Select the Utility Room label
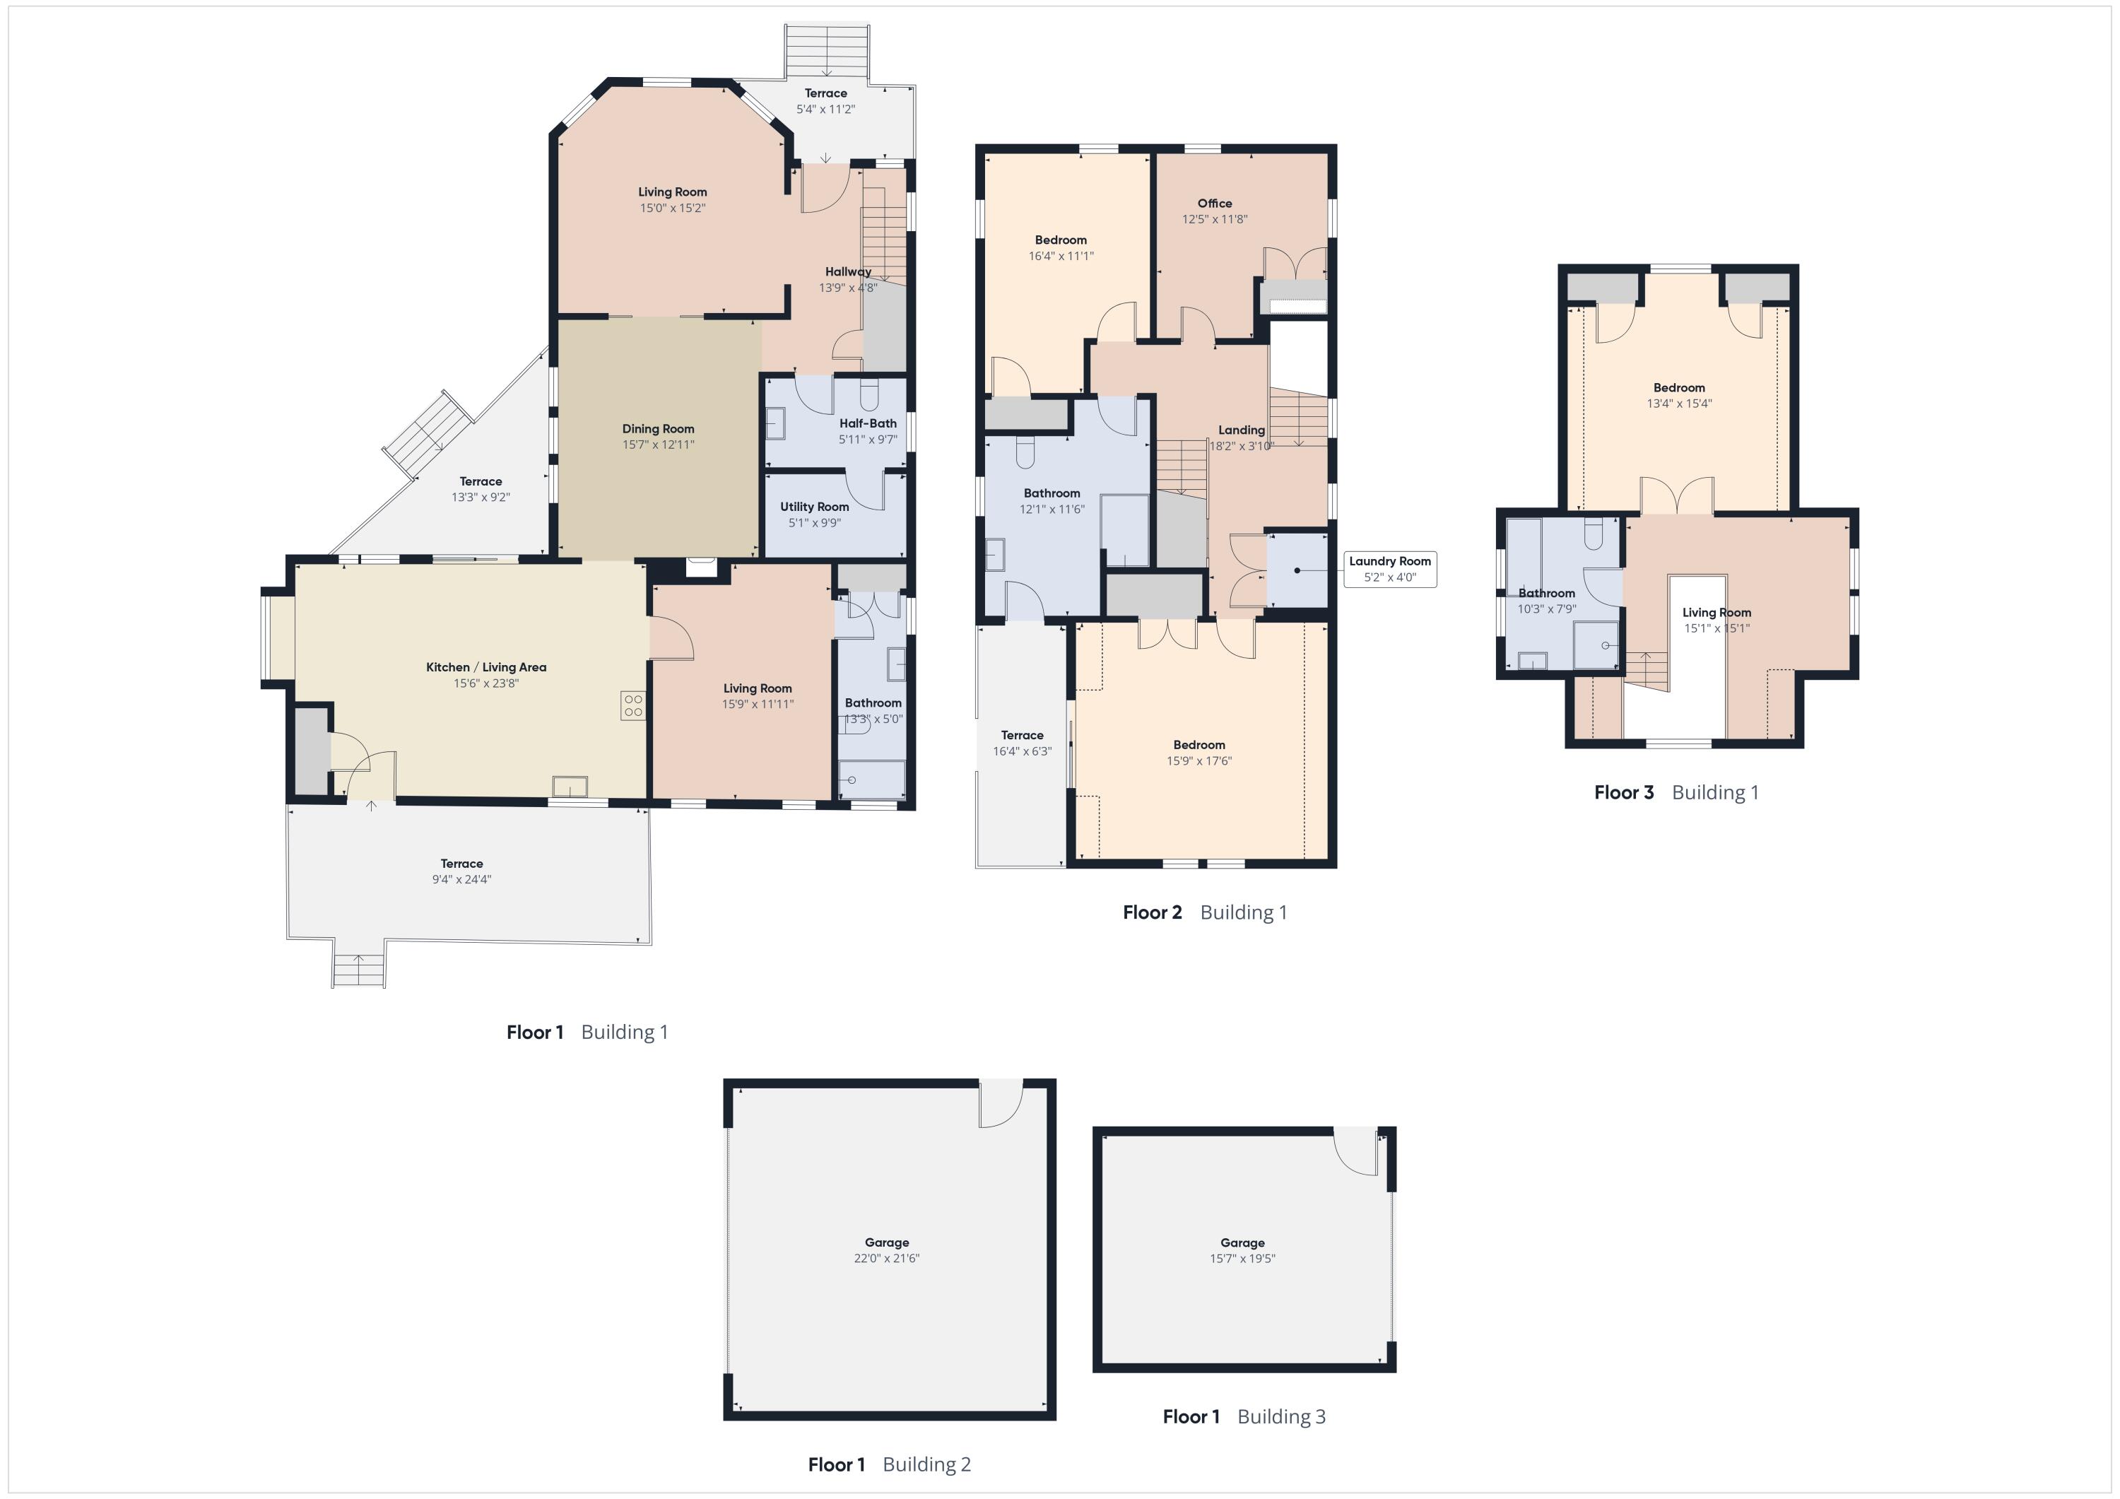pyautogui.click(x=814, y=506)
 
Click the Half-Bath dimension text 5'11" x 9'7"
pyautogui.click(x=868, y=440)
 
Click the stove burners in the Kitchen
pyautogui.click(x=633, y=705)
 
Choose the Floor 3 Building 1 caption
pyautogui.click(x=1676, y=792)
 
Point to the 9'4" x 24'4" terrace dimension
pyautogui.click(x=461, y=879)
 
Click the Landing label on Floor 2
pyautogui.click(x=1241, y=430)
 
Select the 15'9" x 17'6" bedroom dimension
pyautogui.click(x=1199, y=761)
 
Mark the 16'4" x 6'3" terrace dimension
pyautogui.click(x=1022, y=751)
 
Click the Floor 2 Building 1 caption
pyautogui.click(x=1204, y=912)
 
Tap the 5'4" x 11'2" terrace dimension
pyautogui.click(x=825, y=109)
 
